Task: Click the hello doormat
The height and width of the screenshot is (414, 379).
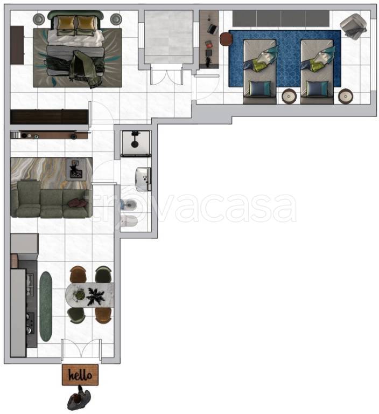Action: click(80, 375)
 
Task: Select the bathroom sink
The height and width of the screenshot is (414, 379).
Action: click(143, 179)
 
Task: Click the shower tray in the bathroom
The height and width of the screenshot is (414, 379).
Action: click(136, 143)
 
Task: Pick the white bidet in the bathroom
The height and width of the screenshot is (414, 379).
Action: click(129, 221)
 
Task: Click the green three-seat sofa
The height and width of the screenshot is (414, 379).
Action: click(52, 199)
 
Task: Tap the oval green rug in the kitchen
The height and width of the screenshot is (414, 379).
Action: click(46, 306)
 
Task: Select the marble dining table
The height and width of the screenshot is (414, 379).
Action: click(90, 295)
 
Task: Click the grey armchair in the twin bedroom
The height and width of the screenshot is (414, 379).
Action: click(353, 26)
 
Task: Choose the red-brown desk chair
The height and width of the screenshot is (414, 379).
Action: click(226, 39)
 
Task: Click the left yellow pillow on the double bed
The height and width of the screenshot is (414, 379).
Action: click(66, 23)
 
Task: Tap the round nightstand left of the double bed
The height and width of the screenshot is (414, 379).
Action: click(39, 19)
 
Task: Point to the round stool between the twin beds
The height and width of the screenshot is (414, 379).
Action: click(289, 96)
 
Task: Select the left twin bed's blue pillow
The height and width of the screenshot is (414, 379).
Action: click(260, 88)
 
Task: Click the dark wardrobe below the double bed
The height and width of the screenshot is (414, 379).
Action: click(49, 116)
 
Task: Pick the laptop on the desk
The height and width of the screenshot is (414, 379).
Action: click(213, 29)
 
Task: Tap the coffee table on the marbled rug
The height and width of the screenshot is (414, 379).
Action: click(76, 169)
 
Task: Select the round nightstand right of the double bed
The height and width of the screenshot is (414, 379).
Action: click(116, 19)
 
